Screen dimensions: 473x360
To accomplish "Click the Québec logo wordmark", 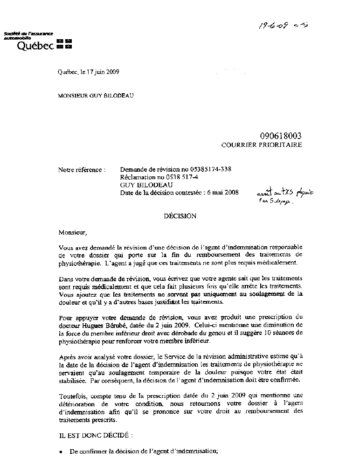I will [35, 45].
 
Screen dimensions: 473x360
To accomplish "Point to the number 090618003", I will [281, 136].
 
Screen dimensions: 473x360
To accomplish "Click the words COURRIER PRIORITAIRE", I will [261, 145].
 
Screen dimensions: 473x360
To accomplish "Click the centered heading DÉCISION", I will [180, 216].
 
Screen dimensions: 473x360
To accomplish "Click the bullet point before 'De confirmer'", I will [61, 452].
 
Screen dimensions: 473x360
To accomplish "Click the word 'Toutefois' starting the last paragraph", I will [72, 396].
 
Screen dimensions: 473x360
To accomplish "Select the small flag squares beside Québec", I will [64, 44].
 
